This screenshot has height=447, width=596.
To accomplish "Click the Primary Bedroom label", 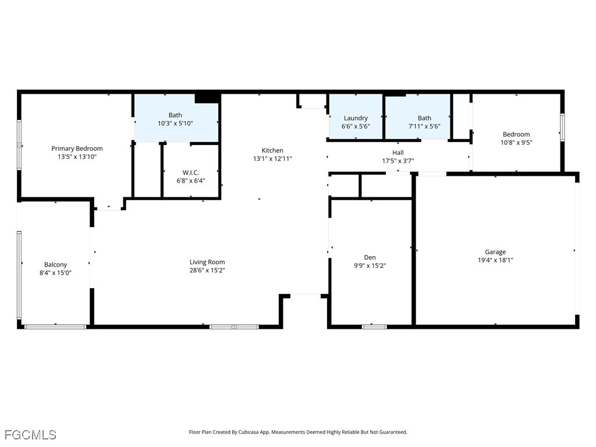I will (x=77, y=148).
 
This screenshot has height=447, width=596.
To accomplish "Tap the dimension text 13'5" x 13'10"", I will (x=77, y=157).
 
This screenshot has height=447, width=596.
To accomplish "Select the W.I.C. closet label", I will (x=190, y=172).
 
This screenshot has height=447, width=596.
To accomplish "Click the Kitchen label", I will (x=272, y=150).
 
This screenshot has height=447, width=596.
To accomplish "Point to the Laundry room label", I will (x=356, y=118).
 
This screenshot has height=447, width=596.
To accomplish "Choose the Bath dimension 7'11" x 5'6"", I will (x=424, y=126).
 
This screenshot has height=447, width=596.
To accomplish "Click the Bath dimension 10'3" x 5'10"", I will (x=175, y=123).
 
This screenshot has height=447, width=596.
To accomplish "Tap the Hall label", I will (x=398, y=152).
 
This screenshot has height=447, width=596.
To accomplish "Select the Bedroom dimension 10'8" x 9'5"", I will (x=516, y=142).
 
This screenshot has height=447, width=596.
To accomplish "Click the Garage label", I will (x=495, y=252).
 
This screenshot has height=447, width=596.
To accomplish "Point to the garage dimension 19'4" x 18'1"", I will (x=495, y=261).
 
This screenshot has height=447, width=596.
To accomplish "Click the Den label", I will (x=370, y=257).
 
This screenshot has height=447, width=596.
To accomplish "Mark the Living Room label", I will (x=207, y=262).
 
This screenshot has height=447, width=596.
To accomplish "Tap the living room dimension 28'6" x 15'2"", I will (x=207, y=270).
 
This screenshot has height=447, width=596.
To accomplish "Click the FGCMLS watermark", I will (x=30, y=435).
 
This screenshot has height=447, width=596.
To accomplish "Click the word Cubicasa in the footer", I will (x=255, y=432).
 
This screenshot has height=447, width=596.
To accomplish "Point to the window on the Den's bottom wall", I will (x=374, y=327).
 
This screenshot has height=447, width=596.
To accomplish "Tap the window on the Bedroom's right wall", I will (x=562, y=127).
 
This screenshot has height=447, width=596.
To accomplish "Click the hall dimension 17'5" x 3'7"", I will (x=398, y=161).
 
